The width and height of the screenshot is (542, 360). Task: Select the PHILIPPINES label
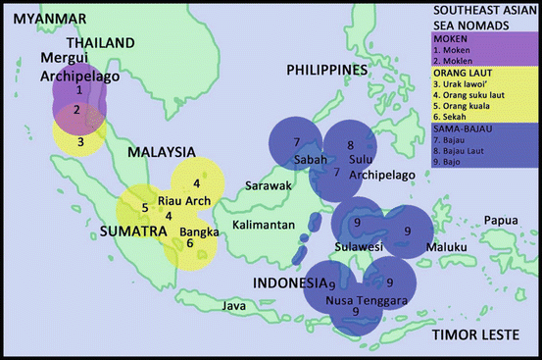(326, 70)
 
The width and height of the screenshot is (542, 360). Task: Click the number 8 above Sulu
(351, 146)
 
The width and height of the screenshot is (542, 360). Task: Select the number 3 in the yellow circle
(82, 141)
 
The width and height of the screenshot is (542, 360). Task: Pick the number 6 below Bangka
(189, 243)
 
